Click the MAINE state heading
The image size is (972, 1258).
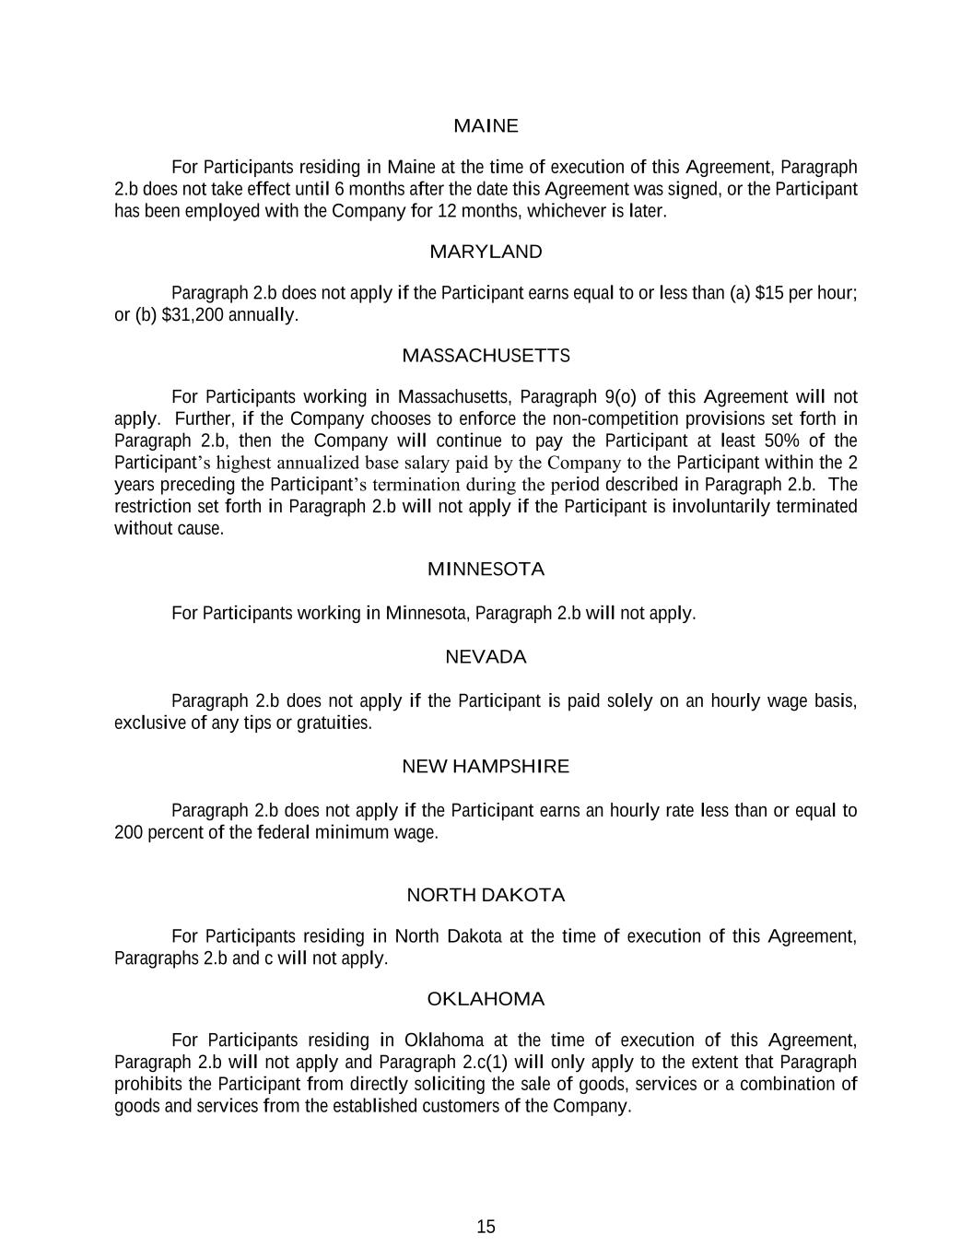[x=486, y=125]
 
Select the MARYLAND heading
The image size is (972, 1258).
[x=486, y=252]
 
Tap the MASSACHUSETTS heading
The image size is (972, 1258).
[x=486, y=356]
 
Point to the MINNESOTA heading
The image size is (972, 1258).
[x=486, y=570]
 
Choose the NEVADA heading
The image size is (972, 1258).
[x=486, y=657]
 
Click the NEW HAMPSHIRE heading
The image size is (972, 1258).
[x=486, y=767]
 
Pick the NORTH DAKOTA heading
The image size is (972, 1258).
[x=486, y=895]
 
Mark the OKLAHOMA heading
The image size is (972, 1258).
[x=486, y=999]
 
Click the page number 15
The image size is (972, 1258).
[x=486, y=1227]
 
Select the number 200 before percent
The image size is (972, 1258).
[x=128, y=833]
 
